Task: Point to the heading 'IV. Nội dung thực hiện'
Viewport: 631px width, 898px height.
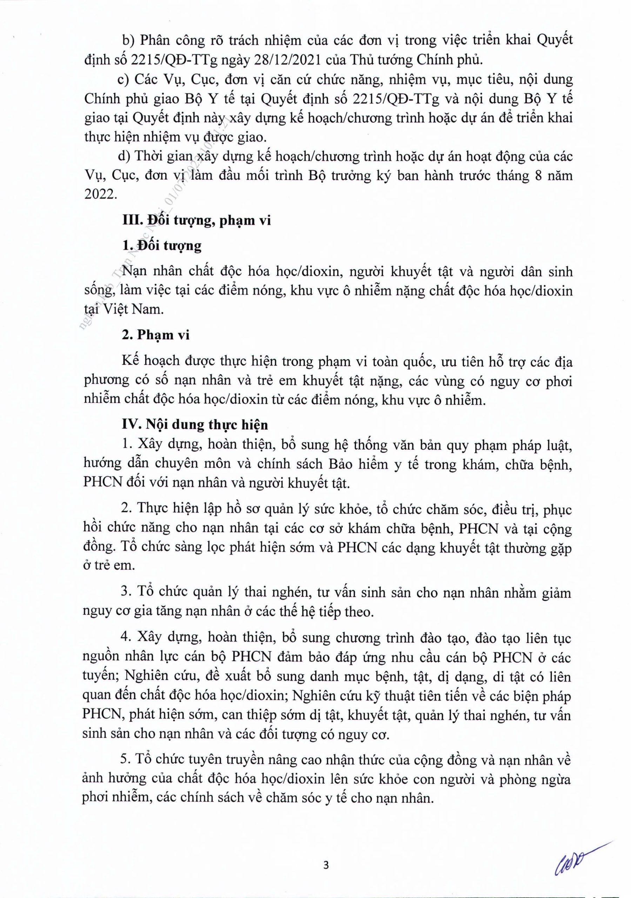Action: point(195,425)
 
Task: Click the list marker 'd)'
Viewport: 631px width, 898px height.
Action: point(126,156)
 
